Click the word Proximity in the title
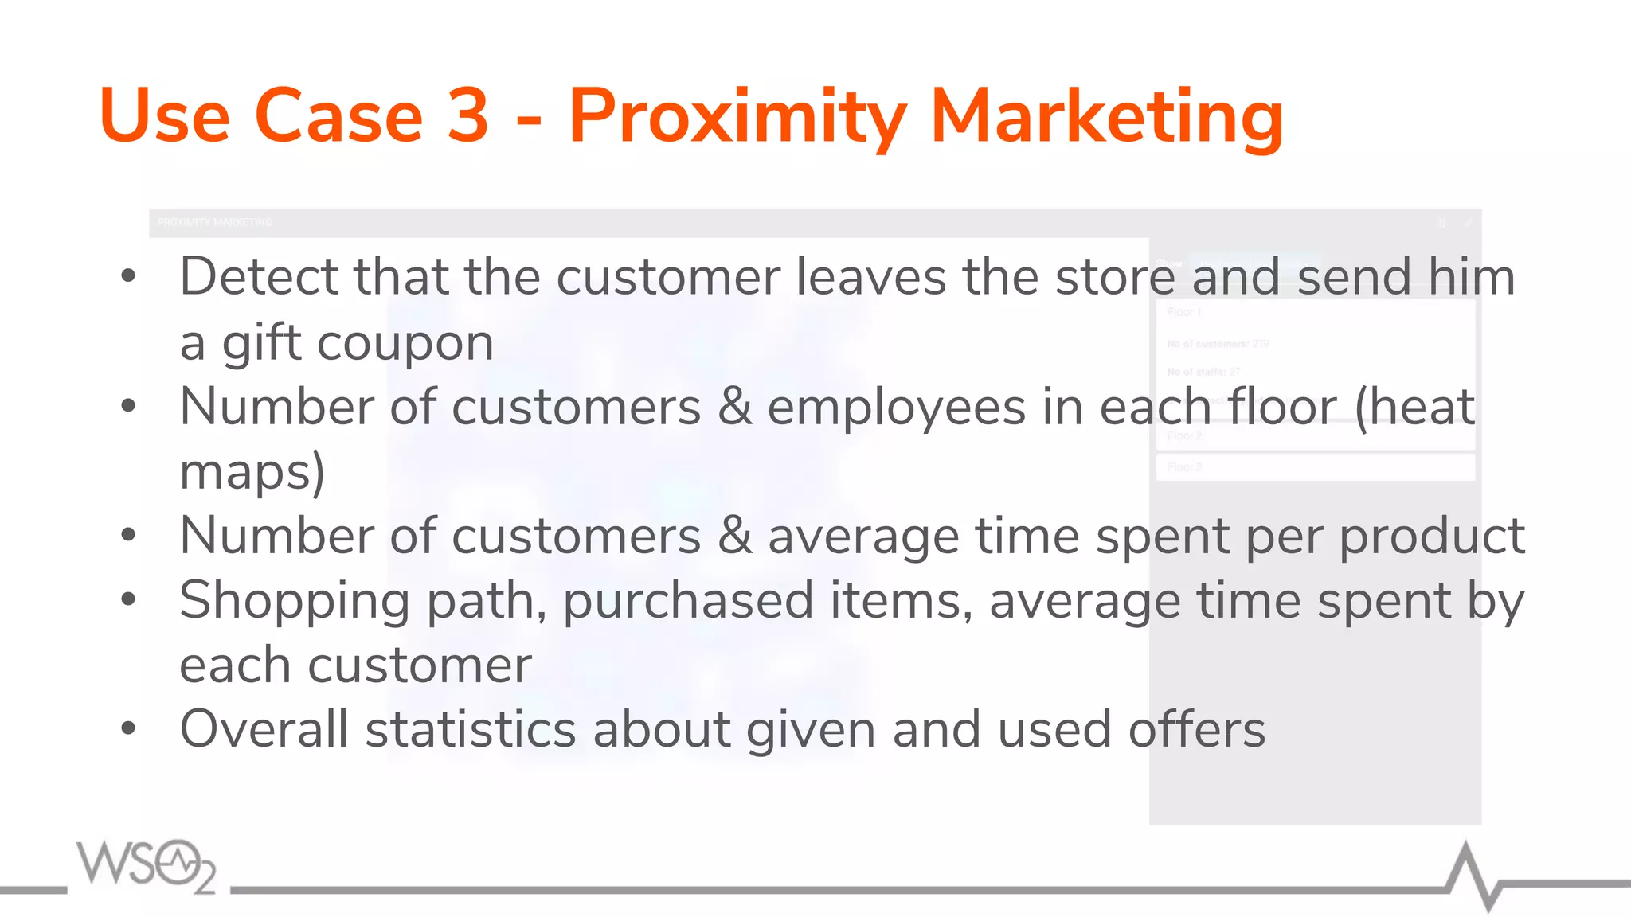737,118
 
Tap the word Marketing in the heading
1106,118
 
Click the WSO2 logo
146,865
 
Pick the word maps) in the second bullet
252,472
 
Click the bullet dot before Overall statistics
128,728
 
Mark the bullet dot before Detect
128,276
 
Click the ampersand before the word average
734,536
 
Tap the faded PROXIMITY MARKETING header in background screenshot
214,222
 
